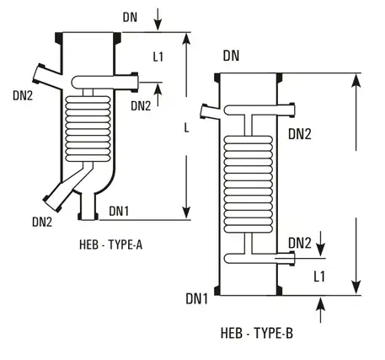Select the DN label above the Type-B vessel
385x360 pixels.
(x=233, y=56)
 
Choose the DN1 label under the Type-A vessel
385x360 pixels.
(x=120, y=210)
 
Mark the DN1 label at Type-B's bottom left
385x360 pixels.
(x=198, y=298)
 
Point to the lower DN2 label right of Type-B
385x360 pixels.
(x=301, y=243)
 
